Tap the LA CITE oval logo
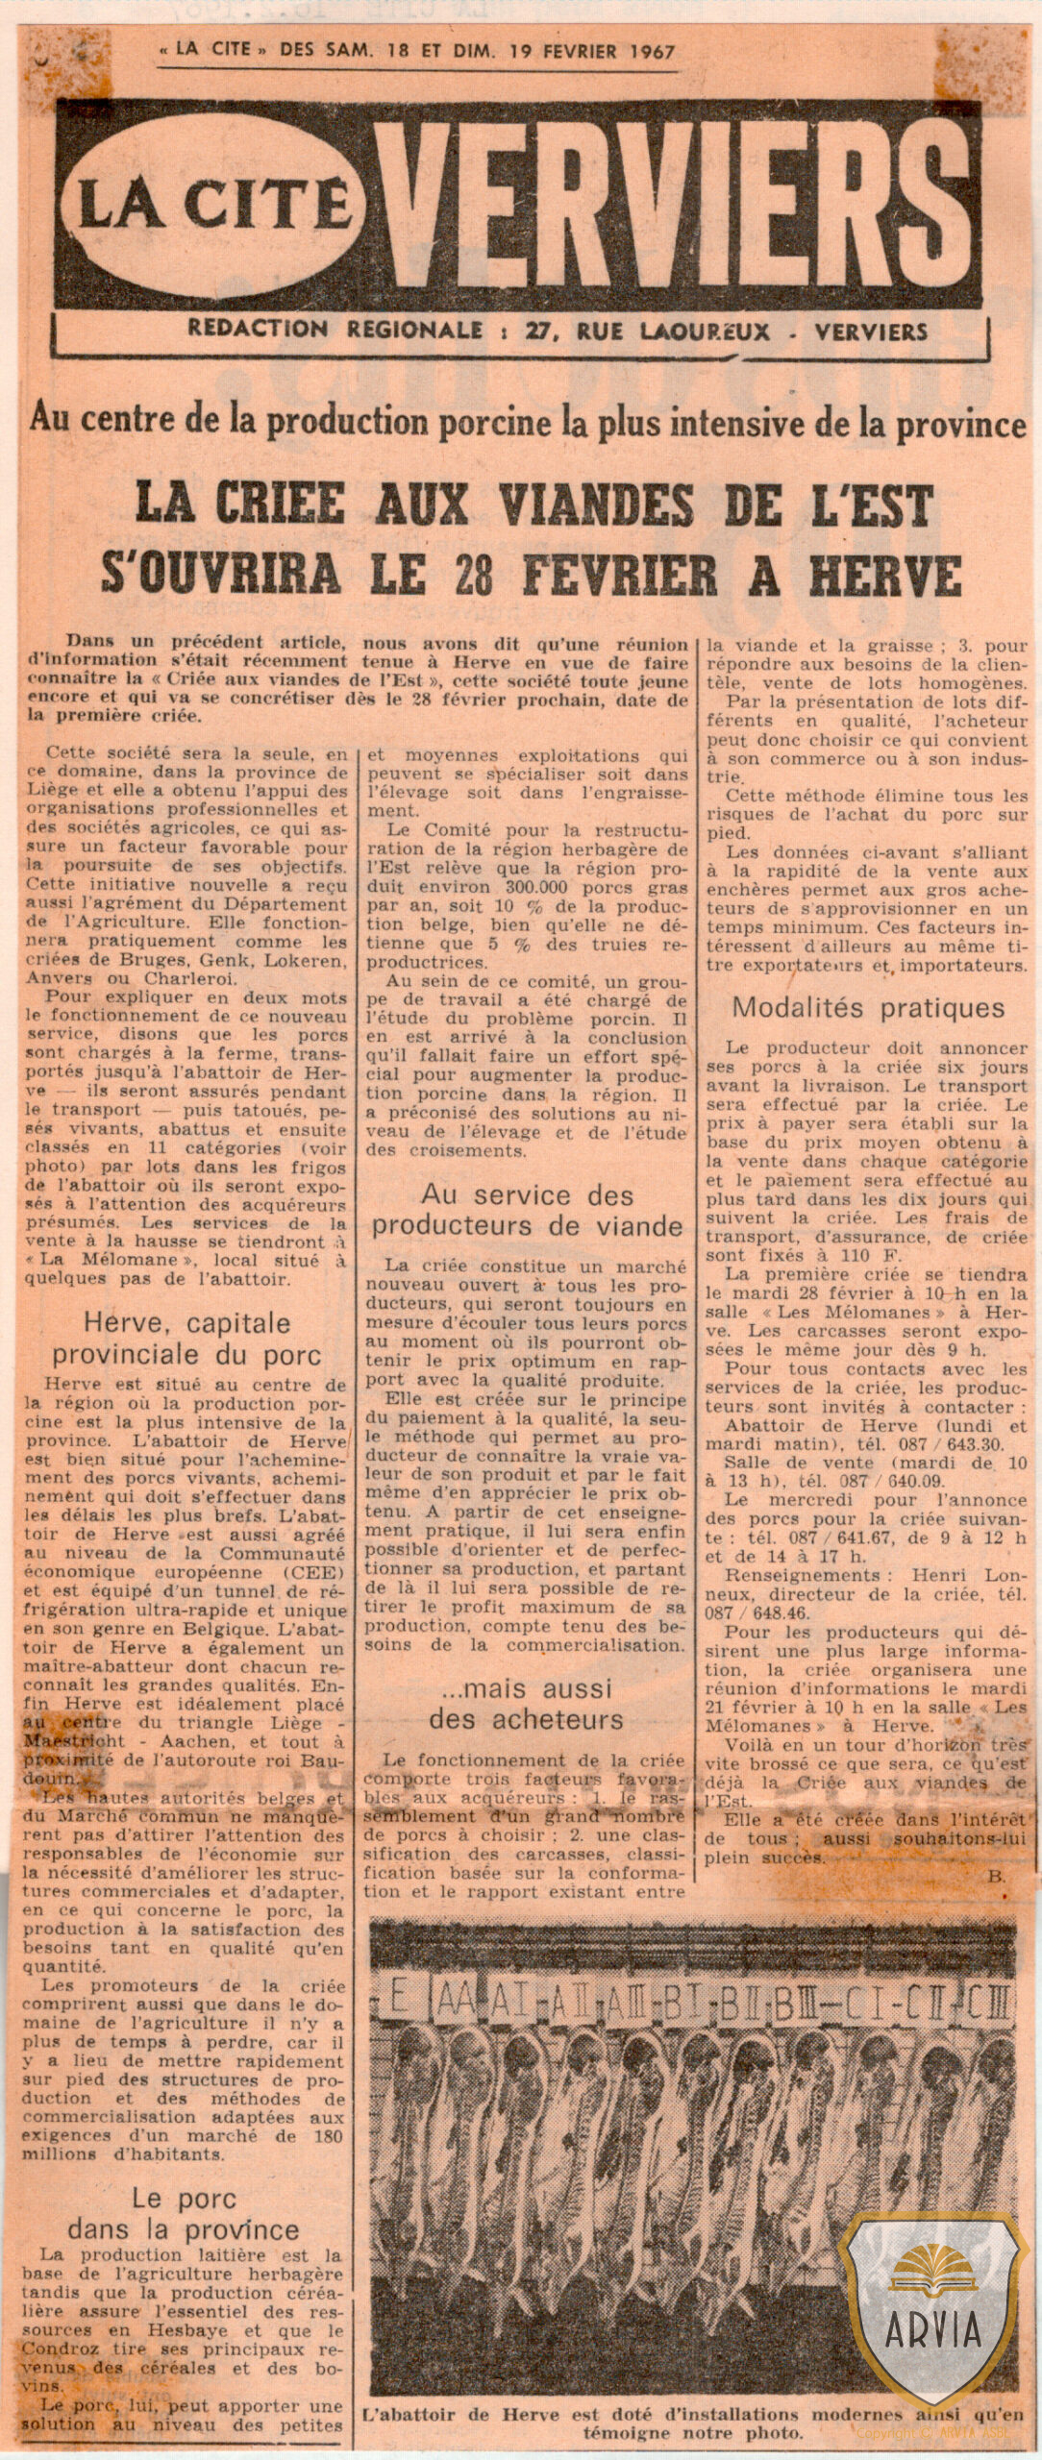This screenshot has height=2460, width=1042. [212, 208]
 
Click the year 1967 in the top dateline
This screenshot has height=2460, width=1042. [642, 51]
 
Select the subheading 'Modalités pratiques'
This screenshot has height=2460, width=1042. [868, 1007]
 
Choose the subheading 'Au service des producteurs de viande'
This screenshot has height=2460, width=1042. [528, 1211]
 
